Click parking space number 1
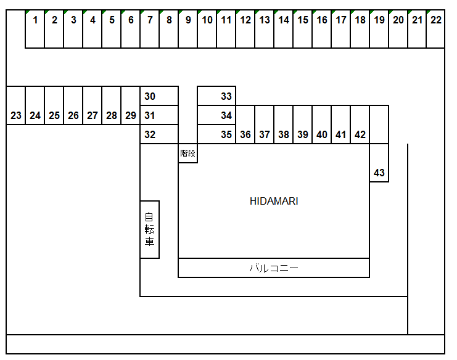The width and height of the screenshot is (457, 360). pos(35,29)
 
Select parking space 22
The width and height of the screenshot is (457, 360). pos(435,29)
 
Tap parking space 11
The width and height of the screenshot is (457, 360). pos(226,29)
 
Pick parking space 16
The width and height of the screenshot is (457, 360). pos(322,29)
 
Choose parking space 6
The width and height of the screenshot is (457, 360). pos(131,29)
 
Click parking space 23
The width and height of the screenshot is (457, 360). pos(16,106)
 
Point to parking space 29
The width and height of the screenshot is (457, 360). pos(131,106)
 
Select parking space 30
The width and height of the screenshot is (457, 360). pos(159,96)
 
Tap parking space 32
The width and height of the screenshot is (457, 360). pos(159,134)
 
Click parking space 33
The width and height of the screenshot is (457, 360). pos(216,96)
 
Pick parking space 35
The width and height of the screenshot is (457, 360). pos(216,134)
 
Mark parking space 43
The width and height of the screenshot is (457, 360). pos(379,163)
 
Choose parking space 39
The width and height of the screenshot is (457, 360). pos(303,125)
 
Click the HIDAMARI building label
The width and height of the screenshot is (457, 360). pos(274,201)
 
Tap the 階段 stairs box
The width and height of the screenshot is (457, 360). pos(188,153)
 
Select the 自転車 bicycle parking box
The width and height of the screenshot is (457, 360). pos(150,229)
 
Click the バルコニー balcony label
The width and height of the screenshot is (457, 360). pos(274,268)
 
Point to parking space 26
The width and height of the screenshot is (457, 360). pos(73,106)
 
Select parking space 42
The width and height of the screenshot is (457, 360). pos(360,125)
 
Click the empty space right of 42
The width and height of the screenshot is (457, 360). pos(379,125)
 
